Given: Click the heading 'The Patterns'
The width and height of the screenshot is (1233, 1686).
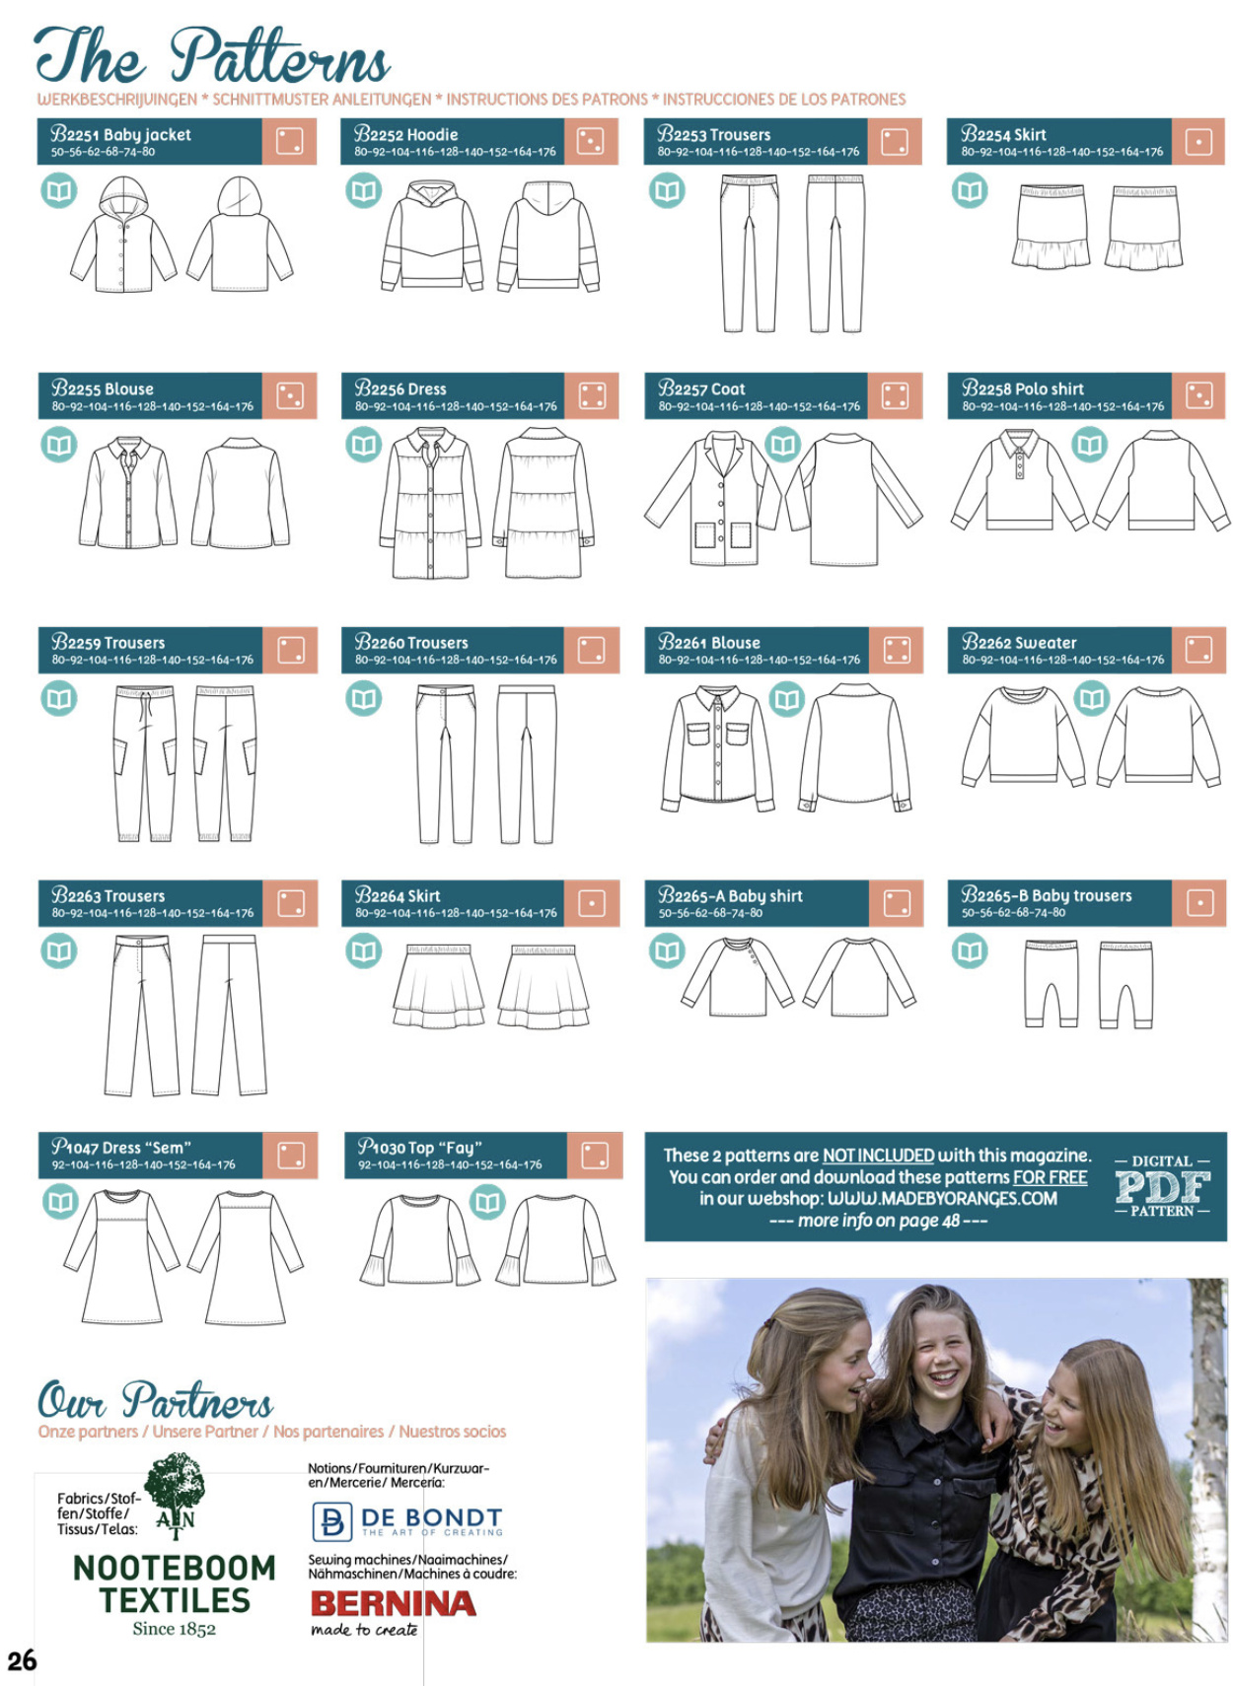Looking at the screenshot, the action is coord(212,55).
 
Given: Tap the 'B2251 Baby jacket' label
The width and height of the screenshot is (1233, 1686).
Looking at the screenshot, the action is coord(121,135).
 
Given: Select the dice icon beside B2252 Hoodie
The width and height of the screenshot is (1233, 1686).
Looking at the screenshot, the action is coord(590,142).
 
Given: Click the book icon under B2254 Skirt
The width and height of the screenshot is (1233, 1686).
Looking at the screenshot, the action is coord(970,190).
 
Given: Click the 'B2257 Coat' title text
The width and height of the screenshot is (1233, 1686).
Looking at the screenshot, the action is coord(701,388).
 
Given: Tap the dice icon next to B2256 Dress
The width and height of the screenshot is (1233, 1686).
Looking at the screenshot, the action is coord(592,396).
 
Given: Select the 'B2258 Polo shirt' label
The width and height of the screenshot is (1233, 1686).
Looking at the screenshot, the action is coord(1023,388).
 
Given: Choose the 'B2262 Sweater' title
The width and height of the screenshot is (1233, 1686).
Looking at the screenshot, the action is coord(1019,642).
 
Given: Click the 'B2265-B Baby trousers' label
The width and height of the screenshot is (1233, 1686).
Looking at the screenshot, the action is coord(1047,895).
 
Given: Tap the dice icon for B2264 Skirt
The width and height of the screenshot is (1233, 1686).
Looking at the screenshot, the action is coord(592,902).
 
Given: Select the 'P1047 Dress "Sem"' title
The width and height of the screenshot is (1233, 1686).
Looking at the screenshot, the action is coord(121,1147).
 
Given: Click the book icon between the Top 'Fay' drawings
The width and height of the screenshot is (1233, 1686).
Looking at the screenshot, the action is coord(487,1202).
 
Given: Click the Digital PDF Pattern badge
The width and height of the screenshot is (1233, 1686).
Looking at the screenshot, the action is coord(1162,1186).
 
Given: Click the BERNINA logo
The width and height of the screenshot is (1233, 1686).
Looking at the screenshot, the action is coord(394,1604).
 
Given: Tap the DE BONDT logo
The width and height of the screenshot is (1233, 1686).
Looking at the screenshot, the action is coord(407,1521).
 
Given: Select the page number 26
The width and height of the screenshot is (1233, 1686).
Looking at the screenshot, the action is coord(22,1660).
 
